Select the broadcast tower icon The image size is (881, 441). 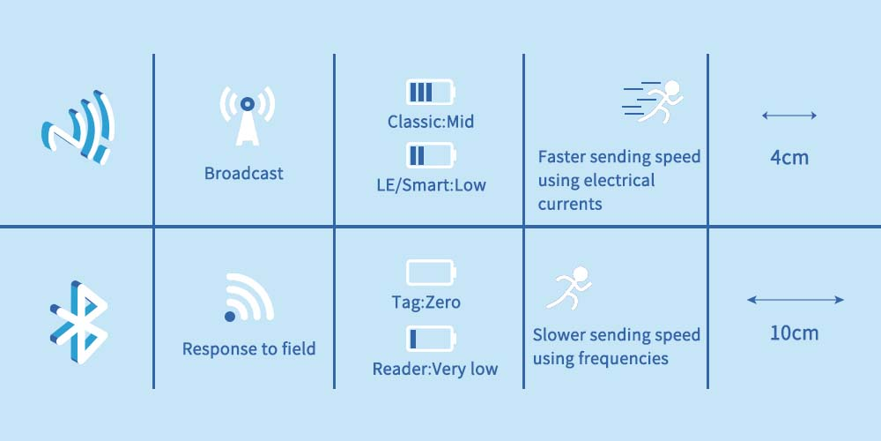[247, 115]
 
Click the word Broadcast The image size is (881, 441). [244, 174]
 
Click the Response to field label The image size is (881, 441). [248, 349]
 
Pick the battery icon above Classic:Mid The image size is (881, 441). [431, 93]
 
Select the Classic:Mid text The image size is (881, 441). [431, 122]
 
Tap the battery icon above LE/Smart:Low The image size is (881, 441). [431, 156]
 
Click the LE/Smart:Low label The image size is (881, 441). [431, 185]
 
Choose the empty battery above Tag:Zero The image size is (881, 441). [431, 273]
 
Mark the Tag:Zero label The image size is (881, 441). [426, 303]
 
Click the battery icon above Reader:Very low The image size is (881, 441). [431, 339]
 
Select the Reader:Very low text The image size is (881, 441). [434, 369]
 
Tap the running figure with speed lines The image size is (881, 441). [653, 101]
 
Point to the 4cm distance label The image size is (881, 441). [788, 159]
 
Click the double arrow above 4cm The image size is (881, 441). [789, 116]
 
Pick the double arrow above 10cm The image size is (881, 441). [795, 300]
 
